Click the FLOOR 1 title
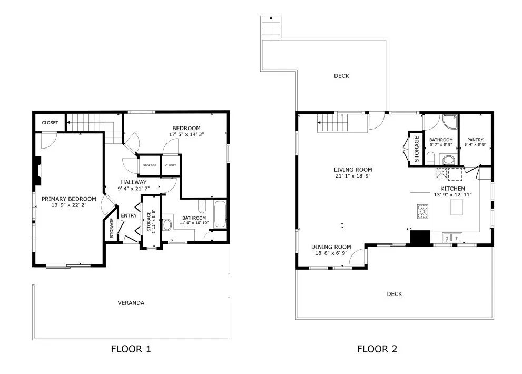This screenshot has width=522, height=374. point(131,349)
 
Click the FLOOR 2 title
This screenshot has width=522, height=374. point(377,349)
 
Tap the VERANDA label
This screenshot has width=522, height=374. point(131,303)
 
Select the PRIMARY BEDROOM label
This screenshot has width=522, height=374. point(69,199)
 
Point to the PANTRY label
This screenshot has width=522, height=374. point(475,140)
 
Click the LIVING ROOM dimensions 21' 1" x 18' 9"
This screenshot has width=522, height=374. point(353,176)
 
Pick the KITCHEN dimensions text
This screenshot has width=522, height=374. point(453,195)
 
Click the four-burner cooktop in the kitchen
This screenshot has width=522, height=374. point(423,211)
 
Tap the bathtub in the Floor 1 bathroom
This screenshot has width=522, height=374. point(220,214)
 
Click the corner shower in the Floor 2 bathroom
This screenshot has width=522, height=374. point(450,122)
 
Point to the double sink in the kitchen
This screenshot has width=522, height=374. point(452,238)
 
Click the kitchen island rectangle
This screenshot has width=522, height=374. point(457,207)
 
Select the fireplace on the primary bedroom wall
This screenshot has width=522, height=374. point(37,171)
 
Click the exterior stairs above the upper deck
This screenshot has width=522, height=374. point(272,28)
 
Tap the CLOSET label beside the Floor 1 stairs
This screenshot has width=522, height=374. point(50,123)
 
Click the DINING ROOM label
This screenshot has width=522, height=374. point(331,247)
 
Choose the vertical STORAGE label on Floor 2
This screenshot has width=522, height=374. point(416,149)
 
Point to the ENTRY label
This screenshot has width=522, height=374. point(129,216)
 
